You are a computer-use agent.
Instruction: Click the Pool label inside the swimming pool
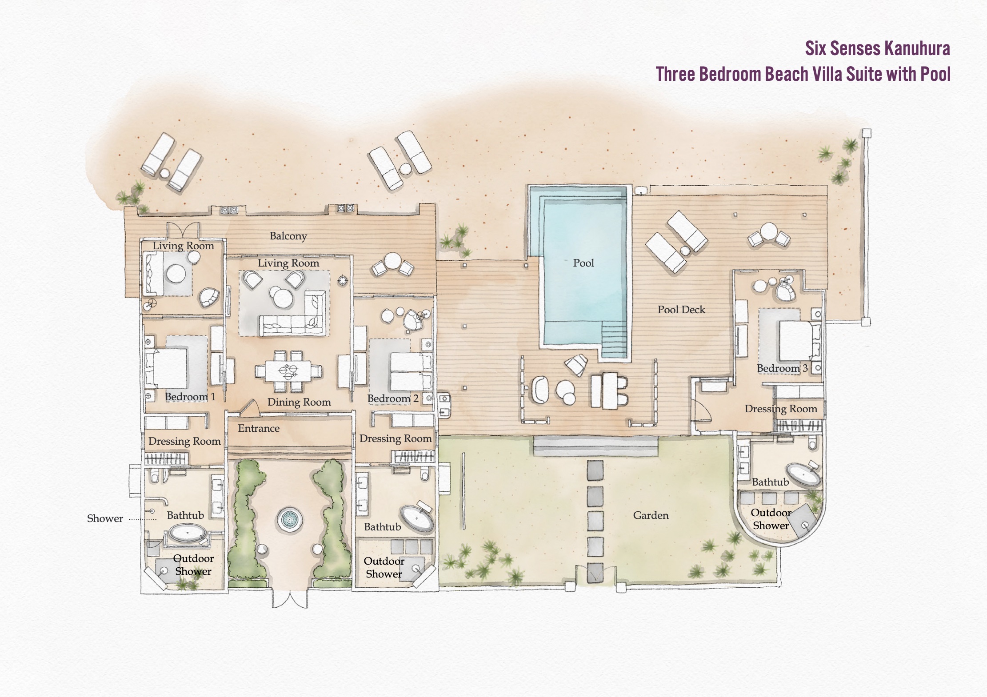tap(583, 263)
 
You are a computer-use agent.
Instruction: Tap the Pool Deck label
tap(681, 310)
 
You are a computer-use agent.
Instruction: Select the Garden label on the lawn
tap(651, 515)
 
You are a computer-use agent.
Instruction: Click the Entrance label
tap(259, 428)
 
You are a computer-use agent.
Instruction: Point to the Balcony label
tap(288, 236)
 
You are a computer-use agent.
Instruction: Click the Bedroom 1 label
tap(190, 397)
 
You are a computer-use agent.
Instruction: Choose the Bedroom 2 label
tap(393, 398)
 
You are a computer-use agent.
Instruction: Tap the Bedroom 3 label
tap(782, 368)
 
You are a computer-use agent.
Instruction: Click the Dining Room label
tap(299, 402)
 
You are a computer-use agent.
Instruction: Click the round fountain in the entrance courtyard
tap(289, 518)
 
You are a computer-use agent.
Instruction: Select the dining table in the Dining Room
tap(288, 370)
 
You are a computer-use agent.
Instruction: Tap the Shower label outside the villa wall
tap(105, 518)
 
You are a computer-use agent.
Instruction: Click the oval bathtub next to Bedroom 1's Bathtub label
tap(187, 533)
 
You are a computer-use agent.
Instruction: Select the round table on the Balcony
tap(392, 261)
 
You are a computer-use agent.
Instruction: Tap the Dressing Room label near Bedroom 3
tap(781, 409)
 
